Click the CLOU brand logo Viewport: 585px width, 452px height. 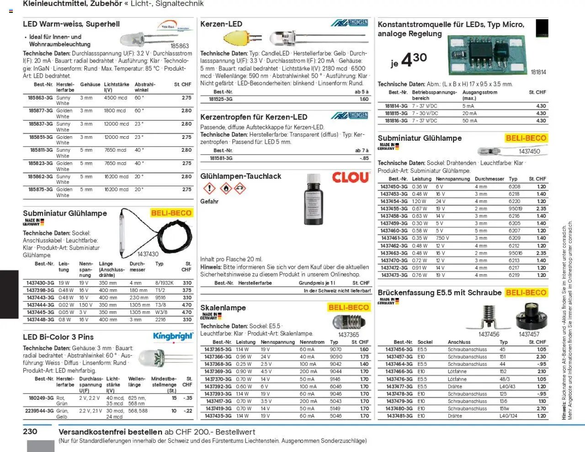[351, 178]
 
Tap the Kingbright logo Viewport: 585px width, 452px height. [173, 337]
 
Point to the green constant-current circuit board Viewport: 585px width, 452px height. [487, 55]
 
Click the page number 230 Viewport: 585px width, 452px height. [30, 431]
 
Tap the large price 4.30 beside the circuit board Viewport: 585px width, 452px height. [414, 60]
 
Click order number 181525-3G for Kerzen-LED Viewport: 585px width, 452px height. [221, 99]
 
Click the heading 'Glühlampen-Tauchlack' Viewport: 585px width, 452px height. [240, 176]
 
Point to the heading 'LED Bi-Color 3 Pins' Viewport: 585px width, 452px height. [58, 337]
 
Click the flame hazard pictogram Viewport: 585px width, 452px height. [226, 188]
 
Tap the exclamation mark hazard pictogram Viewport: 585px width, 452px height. [209, 188]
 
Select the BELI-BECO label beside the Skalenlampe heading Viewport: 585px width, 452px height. [349, 308]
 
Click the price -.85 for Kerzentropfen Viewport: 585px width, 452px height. [364, 158]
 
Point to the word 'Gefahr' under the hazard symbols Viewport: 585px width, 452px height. [209, 202]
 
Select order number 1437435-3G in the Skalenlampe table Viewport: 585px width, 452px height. [218, 416]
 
